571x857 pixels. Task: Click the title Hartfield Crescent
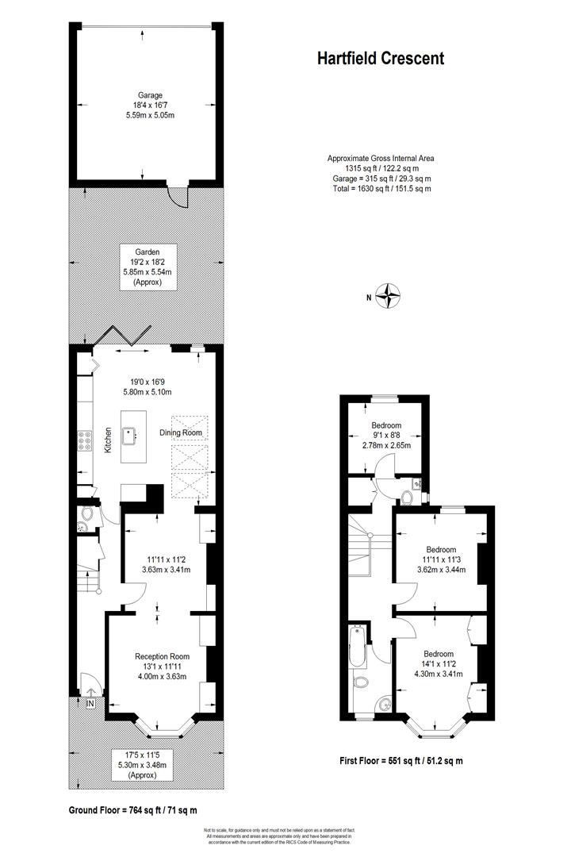click(x=381, y=58)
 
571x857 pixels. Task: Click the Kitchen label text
click(x=108, y=440)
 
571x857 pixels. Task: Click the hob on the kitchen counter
click(x=84, y=440)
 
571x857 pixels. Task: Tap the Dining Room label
click(x=181, y=432)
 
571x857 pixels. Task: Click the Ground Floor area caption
click(x=132, y=809)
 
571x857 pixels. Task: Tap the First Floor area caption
click(x=397, y=760)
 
